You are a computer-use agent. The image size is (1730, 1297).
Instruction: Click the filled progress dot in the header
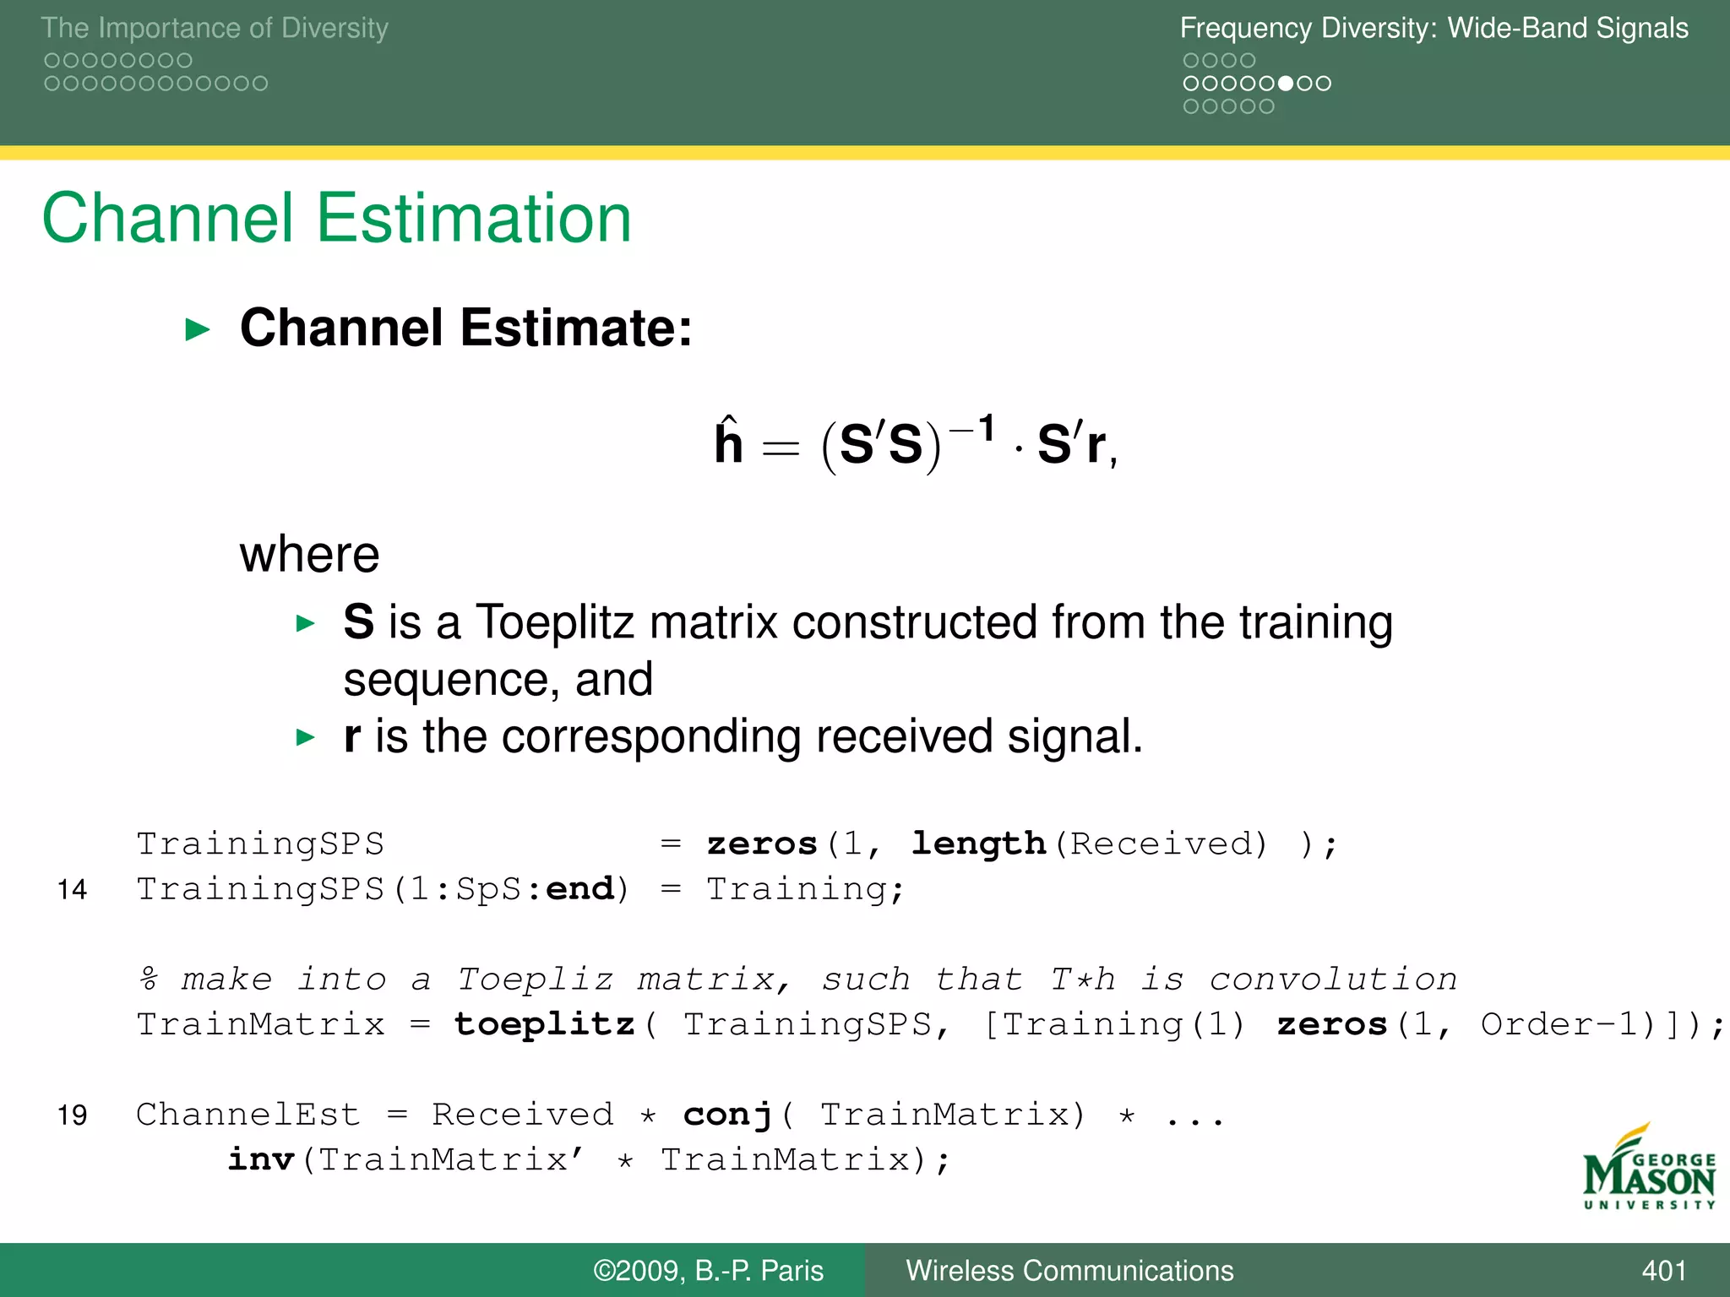coord(1286,84)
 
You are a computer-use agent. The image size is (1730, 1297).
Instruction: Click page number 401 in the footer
coord(1663,1271)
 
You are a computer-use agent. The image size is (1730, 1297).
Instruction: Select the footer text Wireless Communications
coord(1069,1271)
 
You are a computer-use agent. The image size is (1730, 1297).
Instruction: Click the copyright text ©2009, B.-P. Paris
coord(708,1271)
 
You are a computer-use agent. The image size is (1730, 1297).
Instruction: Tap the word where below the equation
coord(309,555)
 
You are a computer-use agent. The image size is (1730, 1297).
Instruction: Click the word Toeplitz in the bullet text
coord(554,622)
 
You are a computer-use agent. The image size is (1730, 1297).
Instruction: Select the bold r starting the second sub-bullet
coord(352,737)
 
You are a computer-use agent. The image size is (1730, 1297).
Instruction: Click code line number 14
coord(72,890)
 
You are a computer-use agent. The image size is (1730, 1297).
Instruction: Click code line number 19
coord(72,1115)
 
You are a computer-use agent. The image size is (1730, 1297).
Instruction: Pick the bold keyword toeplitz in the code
coord(544,1024)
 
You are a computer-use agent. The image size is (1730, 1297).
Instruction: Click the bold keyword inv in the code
coord(261,1159)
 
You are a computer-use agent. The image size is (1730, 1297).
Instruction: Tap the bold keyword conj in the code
coord(727,1115)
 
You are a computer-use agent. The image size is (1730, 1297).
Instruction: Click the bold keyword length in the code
coord(978,844)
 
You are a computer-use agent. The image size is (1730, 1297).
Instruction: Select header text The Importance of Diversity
coord(215,28)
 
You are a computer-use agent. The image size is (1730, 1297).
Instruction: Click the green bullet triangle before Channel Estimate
coord(197,329)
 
